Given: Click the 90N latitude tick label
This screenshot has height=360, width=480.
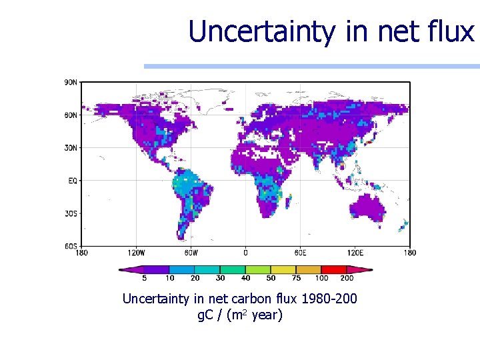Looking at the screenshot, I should pos(71,82).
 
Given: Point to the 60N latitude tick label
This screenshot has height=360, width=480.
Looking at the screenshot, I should pos(71,115).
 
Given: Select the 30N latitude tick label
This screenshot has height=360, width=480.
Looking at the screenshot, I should pos(71,147).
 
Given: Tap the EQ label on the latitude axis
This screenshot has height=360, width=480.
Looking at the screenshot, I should pos(72,181).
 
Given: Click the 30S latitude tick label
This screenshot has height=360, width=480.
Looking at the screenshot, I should pos(71,213).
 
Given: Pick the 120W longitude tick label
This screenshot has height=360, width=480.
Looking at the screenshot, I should pos(136,253).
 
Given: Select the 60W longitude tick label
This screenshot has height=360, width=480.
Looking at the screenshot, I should pos(191,253).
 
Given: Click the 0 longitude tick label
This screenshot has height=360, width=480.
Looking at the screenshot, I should pos(245,253).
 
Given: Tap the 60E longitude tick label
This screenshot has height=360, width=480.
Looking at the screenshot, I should pos(300,253).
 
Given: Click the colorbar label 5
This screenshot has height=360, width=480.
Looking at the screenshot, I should pos(145,278).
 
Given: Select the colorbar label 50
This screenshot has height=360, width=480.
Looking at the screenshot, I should pos(271,278).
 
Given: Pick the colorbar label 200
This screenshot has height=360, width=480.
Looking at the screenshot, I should pos(347,278).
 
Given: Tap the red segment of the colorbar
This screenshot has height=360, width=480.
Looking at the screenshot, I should pos(334,269).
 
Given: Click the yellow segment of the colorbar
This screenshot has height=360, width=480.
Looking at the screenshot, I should pos(283,269).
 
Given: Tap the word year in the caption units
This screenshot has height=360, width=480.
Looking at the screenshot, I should pos(267,315).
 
